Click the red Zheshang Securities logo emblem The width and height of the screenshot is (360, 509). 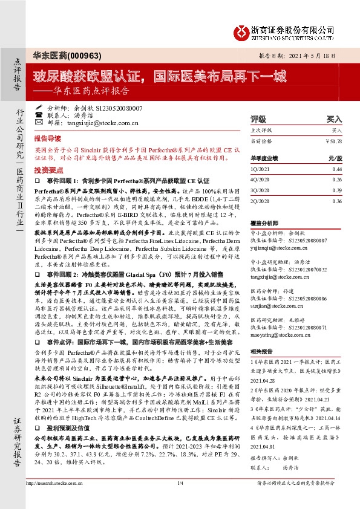243,30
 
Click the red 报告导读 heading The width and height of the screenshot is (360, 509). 47,137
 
